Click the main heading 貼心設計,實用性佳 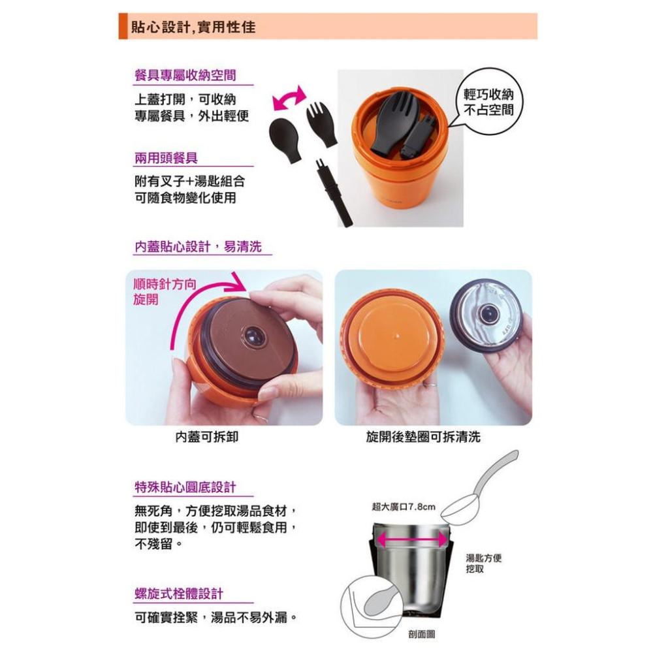tap(193, 27)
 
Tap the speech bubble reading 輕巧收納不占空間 tap(487, 102)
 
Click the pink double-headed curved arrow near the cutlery tap(289, 99)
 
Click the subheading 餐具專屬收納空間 tap(185, 75)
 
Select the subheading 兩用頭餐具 tap(166, 158)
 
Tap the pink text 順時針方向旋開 tap(165, 291)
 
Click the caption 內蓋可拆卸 tap(207, 436)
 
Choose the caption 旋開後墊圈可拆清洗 tap(423, 436)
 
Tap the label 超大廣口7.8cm tap(403, 507)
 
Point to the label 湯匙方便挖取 tap(483, 563)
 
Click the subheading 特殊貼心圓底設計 tap(185, 486)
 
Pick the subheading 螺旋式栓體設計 tap(179, 594)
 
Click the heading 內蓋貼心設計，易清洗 tap(198, 246)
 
